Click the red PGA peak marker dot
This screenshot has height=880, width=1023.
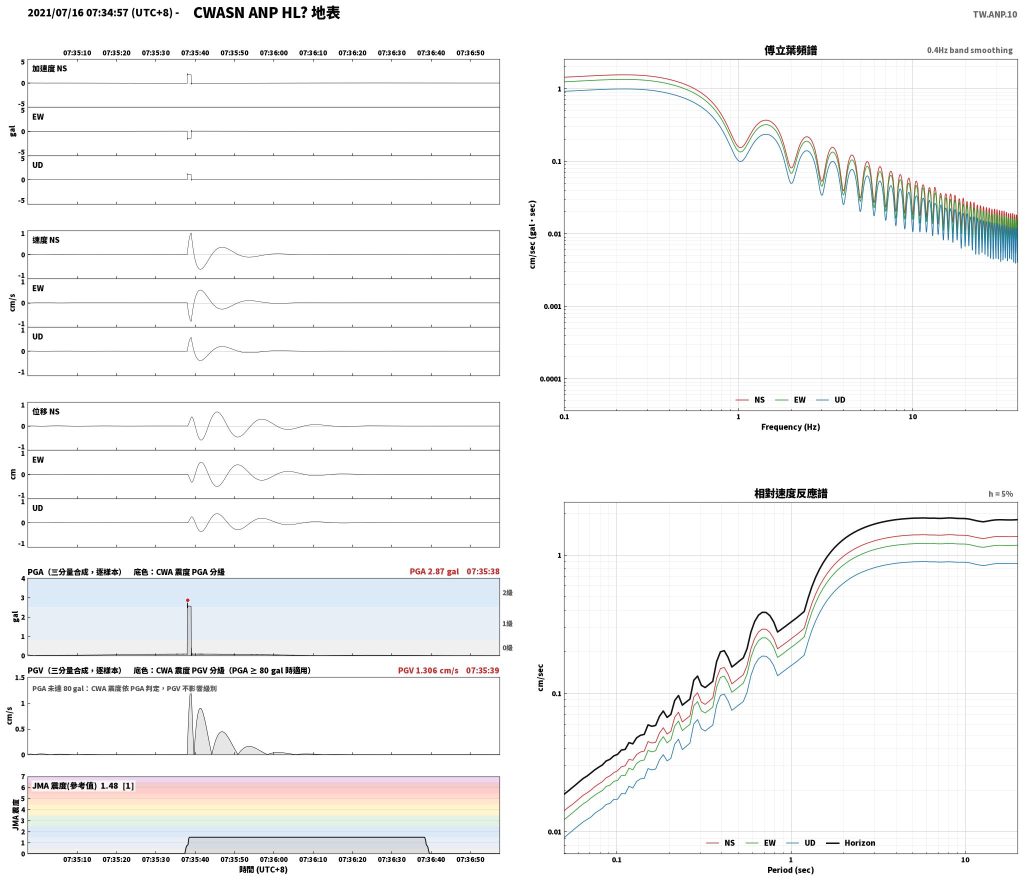[x=187, y=600]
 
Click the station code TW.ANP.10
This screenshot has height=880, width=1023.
[x=994, y=14]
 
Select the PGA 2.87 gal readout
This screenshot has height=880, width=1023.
[x=434, y=571]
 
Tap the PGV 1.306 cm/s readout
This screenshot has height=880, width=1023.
[x=428, y=670]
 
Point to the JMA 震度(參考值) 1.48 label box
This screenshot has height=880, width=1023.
[x=83, y=786]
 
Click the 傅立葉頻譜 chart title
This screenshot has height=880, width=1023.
[x=790, y=50]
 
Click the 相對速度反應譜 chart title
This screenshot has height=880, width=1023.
[x=790, y=493]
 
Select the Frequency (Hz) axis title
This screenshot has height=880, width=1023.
[x=790, y=427]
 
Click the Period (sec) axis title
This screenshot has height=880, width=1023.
[x=790, y=870]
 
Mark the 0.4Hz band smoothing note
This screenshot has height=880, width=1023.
[x=969, y=50]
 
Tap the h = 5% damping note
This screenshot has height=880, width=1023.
[x=1000, y=494]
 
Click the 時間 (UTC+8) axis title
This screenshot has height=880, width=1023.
[x=263, y=869]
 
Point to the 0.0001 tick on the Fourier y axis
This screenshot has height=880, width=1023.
[x=550, y=379]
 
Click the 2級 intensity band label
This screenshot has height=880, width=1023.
[x=507, y=592]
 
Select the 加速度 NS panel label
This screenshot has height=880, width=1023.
[x=49, y=68]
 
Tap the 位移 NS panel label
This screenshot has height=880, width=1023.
[x=46, y=411]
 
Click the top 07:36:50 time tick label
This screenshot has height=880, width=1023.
[x=470, y=53]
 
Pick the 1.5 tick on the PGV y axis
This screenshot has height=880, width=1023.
[x=20, y=678]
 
